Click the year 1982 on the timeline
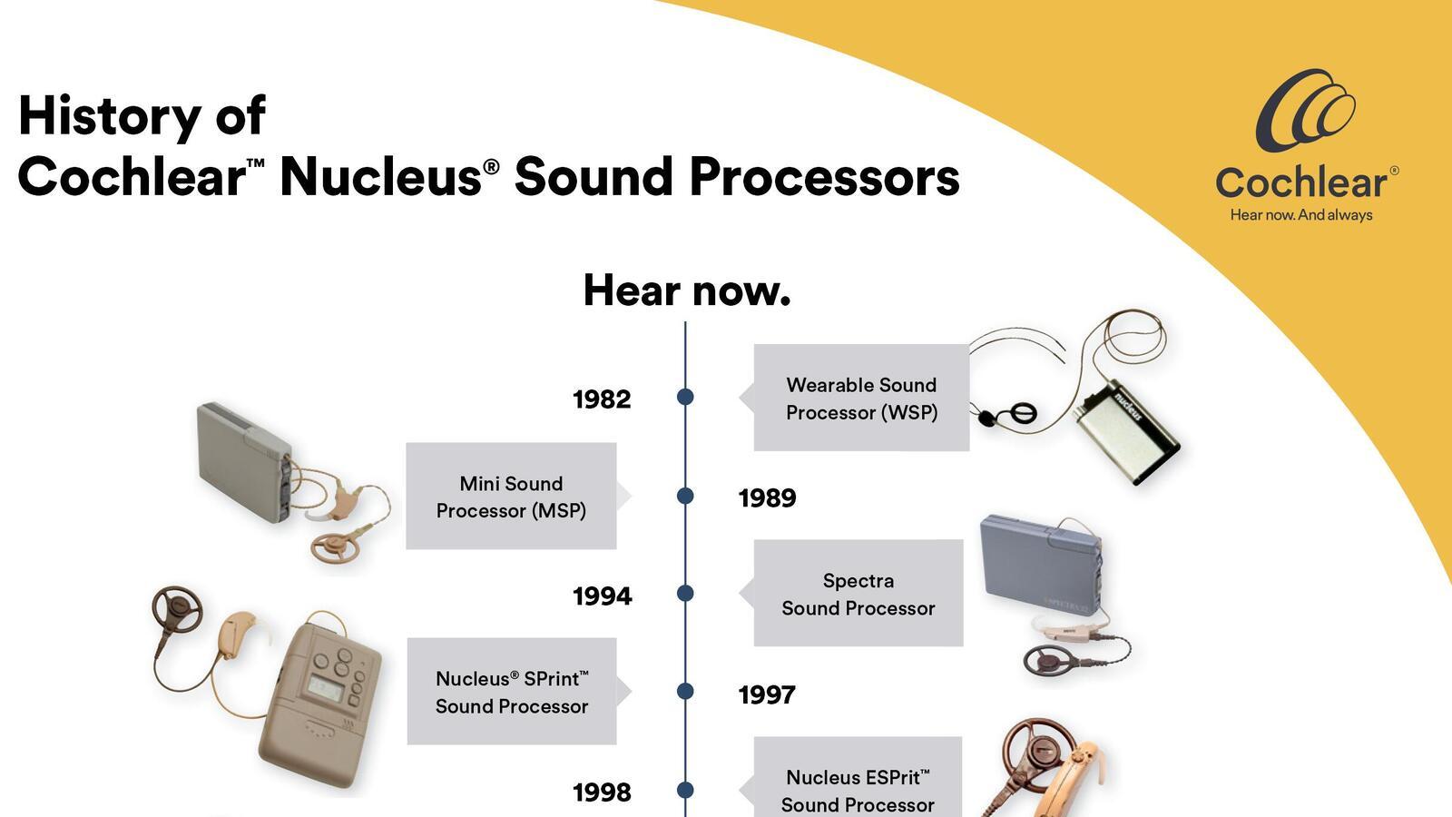coord(602,399)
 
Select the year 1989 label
coord(767,498)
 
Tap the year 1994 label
coord(602,596)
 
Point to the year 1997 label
coord(767,695)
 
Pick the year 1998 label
coord(602,792)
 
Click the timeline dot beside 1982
coord(685,397)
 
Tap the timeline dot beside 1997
coord(685,692)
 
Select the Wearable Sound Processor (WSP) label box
coord(861,398)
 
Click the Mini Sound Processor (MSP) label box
coord(511,497)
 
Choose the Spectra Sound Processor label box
coord(858,594)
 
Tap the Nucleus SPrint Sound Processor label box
coord(511,692)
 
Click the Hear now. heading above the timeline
coord(686,290)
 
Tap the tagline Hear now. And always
coord(1300,215)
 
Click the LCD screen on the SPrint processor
coord(324,687)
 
